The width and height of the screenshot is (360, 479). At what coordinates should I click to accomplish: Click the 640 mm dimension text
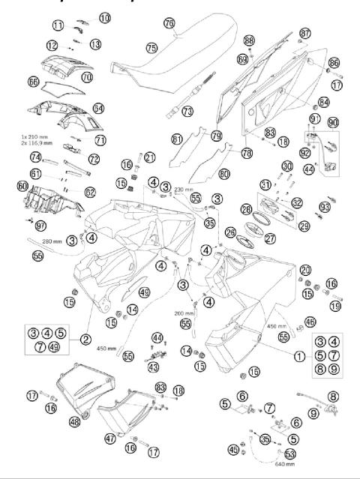287,464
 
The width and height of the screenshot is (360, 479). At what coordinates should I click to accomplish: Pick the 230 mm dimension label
185,190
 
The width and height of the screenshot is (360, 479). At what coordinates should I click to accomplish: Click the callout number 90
331,121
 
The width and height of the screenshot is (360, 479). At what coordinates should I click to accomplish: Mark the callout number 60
22,185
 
